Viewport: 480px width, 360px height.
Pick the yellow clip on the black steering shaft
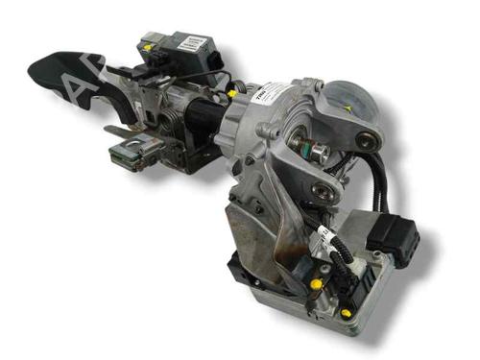232,93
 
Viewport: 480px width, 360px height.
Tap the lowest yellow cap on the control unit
345,312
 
